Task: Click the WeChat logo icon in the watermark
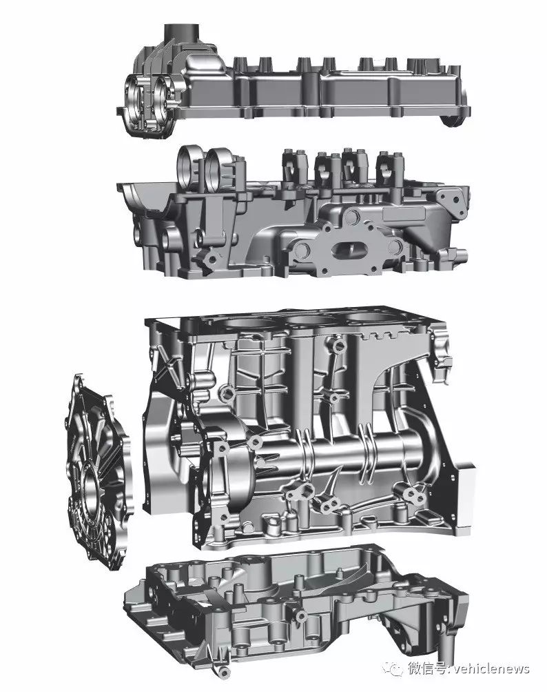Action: pyautogui.click(x=393, y=669)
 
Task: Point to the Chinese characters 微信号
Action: pyautogui.click(x=426, y=669)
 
